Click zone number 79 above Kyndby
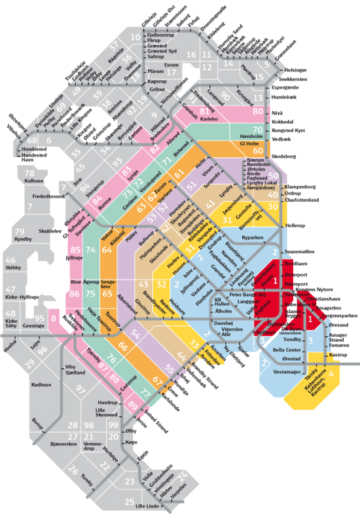tap(20, 232)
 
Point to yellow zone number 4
tap(333, 374)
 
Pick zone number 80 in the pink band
tap(257, 111)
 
